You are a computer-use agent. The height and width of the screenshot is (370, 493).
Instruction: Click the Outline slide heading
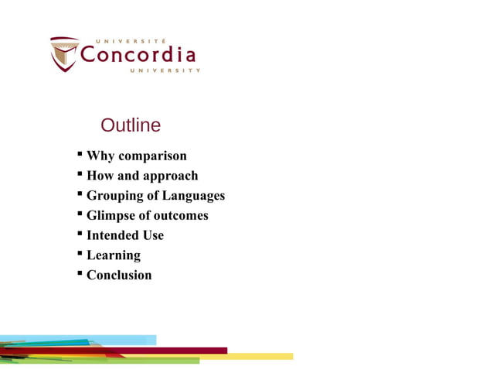point(131,125)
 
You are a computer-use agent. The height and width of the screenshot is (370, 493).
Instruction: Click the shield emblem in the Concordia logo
point(64,54)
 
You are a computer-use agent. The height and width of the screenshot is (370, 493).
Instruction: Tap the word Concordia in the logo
point(138,55)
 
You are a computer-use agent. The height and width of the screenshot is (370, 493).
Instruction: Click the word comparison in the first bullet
point(152,156)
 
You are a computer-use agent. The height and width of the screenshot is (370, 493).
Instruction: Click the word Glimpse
point(110,215)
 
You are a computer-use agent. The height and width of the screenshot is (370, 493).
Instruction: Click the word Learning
point(114,255)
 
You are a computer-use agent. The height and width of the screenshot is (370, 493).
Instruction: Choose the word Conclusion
point(119,275)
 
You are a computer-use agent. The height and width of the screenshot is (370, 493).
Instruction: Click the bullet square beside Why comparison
point(80,156)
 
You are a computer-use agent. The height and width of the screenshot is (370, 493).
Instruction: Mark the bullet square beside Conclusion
point(80,274)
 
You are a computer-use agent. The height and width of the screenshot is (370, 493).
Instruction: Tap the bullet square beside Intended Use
point(80,235)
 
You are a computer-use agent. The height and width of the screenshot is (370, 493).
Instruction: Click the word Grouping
point(114,196)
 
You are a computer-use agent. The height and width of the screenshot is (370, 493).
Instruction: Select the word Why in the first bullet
point(100,156)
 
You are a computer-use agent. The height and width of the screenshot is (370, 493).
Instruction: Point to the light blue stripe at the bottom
point(124,340)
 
